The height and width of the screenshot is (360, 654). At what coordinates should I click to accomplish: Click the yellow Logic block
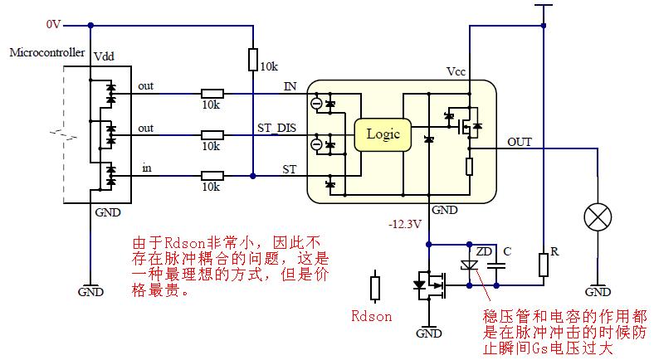(383, 134)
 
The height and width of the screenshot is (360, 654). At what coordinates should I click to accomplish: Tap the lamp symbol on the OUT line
(598, 218)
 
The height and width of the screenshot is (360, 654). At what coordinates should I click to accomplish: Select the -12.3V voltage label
(406, 225)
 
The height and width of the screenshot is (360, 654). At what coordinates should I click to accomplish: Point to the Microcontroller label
(46, 52)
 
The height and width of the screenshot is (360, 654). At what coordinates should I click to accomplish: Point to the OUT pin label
(520, 141)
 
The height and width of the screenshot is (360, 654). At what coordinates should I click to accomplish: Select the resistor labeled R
(543, 265)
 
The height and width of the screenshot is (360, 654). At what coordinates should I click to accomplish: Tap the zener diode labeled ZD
(468, 265)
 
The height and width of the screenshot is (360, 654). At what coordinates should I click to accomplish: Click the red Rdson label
(371, 316)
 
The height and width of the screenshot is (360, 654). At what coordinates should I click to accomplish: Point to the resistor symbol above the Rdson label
(375, 288)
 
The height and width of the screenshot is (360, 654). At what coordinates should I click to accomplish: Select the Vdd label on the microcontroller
(105, 57)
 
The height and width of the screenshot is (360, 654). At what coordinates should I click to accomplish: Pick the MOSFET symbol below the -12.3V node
(429, 286)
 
